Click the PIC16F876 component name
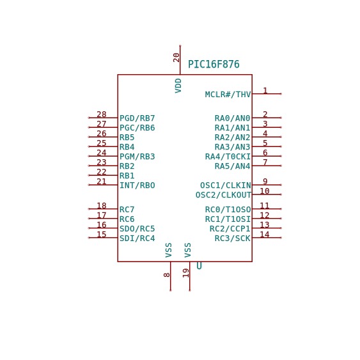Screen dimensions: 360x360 214,65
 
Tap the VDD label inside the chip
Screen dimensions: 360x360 178,86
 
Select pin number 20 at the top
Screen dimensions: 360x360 176,58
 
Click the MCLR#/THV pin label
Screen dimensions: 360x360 228,95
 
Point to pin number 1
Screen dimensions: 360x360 265,91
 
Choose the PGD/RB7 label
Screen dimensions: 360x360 137,118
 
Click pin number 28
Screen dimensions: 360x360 102,114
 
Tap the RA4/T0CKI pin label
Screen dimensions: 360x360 228,157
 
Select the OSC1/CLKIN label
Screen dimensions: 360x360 226,185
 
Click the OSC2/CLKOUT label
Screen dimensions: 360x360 223,195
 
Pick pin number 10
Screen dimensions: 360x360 265,191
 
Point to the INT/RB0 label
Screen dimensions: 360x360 137,185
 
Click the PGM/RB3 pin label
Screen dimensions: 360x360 137,157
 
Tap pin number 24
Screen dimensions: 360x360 102,153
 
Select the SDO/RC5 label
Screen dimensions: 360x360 137,229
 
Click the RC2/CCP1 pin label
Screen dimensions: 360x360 230,229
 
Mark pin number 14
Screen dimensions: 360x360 265,235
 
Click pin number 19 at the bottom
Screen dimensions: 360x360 186,273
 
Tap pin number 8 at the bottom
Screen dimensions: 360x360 167,275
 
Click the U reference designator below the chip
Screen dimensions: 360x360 199,266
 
